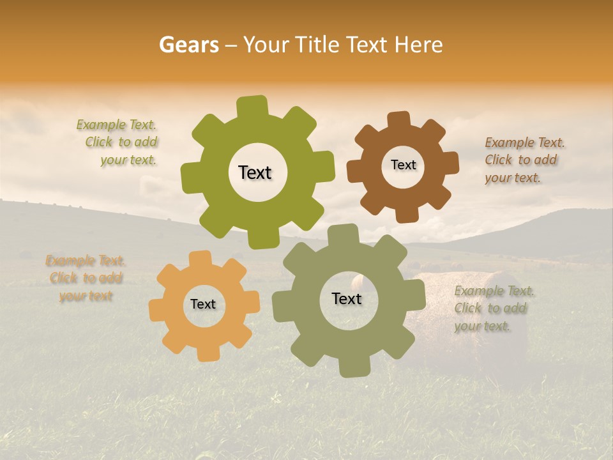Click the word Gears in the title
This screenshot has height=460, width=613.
[188, 45]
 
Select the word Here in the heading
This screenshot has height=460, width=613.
[418, 45]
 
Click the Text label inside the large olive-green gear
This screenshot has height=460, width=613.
[255, 172]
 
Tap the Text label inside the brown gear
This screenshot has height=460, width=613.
[403, 165]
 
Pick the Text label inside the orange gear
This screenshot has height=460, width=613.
[203, 304]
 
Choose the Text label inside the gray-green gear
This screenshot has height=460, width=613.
[347, 298]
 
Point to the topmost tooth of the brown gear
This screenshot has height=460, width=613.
[398, 120]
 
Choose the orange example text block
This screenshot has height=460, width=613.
[86, 278]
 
